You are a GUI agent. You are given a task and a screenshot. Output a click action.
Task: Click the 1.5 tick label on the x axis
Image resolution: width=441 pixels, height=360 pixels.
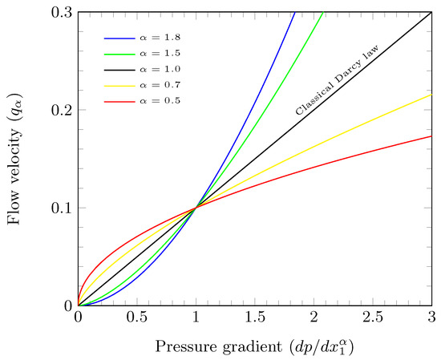click(255, 317)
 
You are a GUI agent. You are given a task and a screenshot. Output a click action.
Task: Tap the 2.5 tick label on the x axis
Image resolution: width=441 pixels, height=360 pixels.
click(373, 317)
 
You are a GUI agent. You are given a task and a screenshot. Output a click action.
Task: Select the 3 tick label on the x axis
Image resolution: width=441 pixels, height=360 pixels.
click(431, 317)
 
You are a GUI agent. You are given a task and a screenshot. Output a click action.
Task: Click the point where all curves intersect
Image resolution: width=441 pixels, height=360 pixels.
click(196, 208)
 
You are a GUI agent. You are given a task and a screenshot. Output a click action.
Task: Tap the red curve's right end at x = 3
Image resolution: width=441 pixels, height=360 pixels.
click(431, 136)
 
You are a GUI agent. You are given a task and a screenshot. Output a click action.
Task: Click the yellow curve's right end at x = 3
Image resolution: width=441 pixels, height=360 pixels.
click(431, 95)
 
